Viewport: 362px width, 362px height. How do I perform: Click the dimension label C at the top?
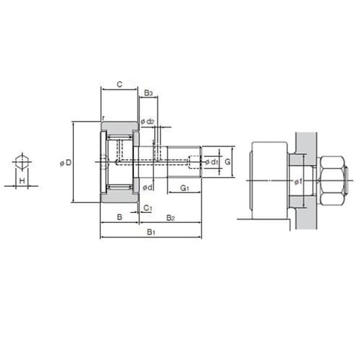(119, 85)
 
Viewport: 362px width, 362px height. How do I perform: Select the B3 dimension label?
(148, 93)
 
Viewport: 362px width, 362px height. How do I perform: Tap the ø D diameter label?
(66, 163)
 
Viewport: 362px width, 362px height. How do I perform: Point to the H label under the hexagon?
(22, 180)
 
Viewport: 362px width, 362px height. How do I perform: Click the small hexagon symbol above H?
(22, 161)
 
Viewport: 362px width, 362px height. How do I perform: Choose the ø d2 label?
(147, 122)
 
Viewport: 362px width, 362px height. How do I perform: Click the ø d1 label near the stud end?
(211, 162)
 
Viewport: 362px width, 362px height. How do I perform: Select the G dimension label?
(227, 161)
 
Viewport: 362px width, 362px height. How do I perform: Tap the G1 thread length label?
(185, 188)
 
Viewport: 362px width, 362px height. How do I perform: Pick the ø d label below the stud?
(148, 188)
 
